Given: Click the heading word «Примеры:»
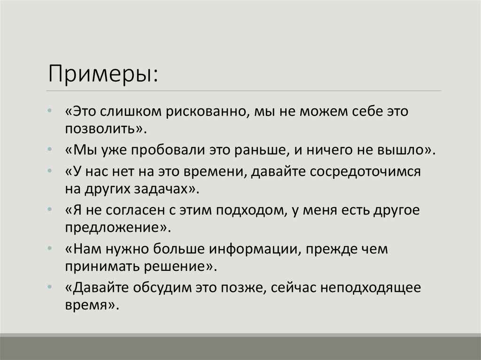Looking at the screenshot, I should coord(103,74).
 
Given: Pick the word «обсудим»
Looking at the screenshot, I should coord(159,288).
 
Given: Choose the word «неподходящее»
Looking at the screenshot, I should coord(371,288).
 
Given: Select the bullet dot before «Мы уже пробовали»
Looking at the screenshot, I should coord(50,150).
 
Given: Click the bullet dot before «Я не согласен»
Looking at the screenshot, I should coord(50,210).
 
